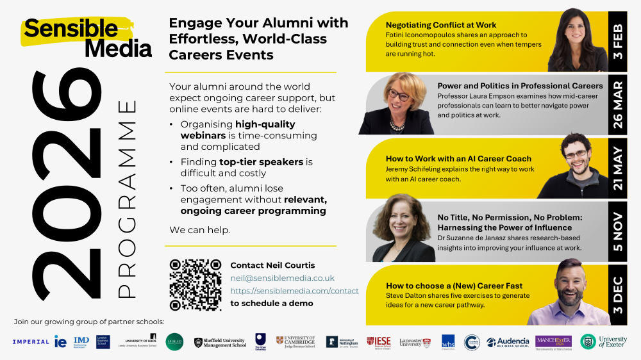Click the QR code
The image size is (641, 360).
(195, 285)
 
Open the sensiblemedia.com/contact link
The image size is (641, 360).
(294, 291)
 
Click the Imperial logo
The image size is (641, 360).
(30, 342)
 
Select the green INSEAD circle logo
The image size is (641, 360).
(174, 342)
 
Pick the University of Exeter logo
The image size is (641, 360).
(604, 342)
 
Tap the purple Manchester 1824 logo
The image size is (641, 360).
(554, 342)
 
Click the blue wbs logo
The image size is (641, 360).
(448, 342)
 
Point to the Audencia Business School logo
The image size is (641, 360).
(508, 342)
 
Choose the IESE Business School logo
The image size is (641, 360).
(379, 342)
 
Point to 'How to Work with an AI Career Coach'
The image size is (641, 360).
(458, 158)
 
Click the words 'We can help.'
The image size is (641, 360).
(199, 229)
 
